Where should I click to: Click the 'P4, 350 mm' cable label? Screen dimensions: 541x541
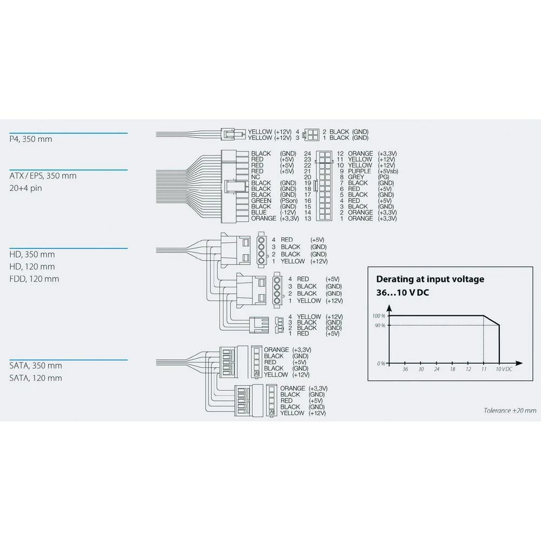[x=31, y=139]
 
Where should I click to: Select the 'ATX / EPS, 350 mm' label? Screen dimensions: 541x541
[x=43, y=176]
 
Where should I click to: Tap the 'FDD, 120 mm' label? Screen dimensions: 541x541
[x=34, y=279]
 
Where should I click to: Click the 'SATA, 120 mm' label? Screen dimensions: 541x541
[x=36, y=378]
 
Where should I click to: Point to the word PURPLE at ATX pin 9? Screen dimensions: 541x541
[x=360, y=171]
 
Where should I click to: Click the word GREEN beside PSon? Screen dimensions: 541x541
[x=261, y=201]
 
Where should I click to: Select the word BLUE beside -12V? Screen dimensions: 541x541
[x=259, y=212]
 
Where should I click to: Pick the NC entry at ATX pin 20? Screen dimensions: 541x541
[x=255, y=177]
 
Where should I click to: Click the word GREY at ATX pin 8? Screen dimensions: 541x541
[x=356, y=177]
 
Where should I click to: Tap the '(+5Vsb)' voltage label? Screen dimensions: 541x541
[x=388, y=171]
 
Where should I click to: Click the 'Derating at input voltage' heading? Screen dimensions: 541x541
[x=430, y=279]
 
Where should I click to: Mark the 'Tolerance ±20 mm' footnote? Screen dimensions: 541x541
[x=510, y=410]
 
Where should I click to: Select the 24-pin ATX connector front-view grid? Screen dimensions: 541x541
[x=324, y=186]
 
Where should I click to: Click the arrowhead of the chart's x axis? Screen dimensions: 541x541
[x=519, y=364]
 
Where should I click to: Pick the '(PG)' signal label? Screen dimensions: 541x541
[x=383, y=177]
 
